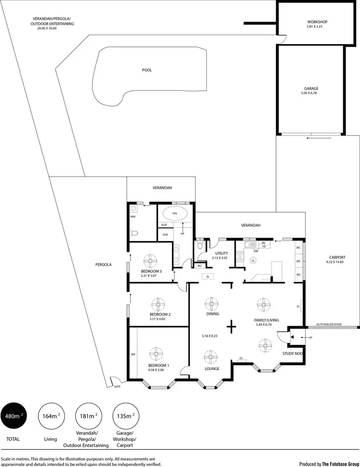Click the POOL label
click(147, 70)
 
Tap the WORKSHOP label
click(317, 22)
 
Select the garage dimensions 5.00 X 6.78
click(311, 93)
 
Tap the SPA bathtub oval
click(175, 213)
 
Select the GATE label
click(117, 386)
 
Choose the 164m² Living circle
click(50, 416)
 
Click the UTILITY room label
click(221, 253)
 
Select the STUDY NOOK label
click(292, 354)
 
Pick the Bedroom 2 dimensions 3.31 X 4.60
click(160, 319)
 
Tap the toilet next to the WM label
click(135, 233)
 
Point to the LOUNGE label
click(212, 369)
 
